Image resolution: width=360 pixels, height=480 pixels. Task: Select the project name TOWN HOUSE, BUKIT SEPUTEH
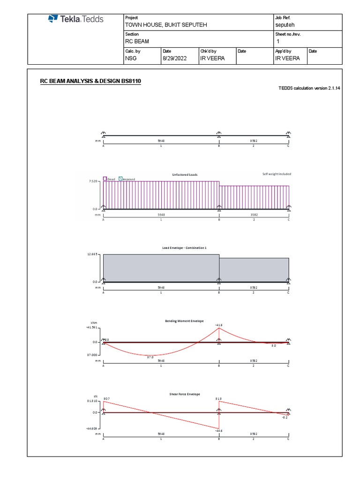165,24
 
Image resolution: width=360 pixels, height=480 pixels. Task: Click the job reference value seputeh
285,24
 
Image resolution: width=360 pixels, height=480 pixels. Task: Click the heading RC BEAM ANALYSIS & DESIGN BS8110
90,82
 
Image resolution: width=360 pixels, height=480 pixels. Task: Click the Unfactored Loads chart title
185,175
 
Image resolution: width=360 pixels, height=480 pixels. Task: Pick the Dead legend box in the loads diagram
105,179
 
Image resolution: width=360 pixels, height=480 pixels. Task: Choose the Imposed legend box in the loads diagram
120,179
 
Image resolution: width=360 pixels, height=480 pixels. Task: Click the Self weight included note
277,174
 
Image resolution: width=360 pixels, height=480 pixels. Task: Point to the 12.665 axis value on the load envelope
92,254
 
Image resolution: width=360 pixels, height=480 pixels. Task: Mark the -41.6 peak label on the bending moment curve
218,324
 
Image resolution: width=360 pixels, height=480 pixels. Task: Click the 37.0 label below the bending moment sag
150,357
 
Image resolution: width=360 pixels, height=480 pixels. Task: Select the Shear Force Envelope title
185,394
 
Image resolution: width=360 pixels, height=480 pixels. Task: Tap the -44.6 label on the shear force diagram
218,430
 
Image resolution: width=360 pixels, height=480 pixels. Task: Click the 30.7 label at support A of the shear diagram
106,398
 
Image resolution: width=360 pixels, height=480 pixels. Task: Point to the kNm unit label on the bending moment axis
93,323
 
